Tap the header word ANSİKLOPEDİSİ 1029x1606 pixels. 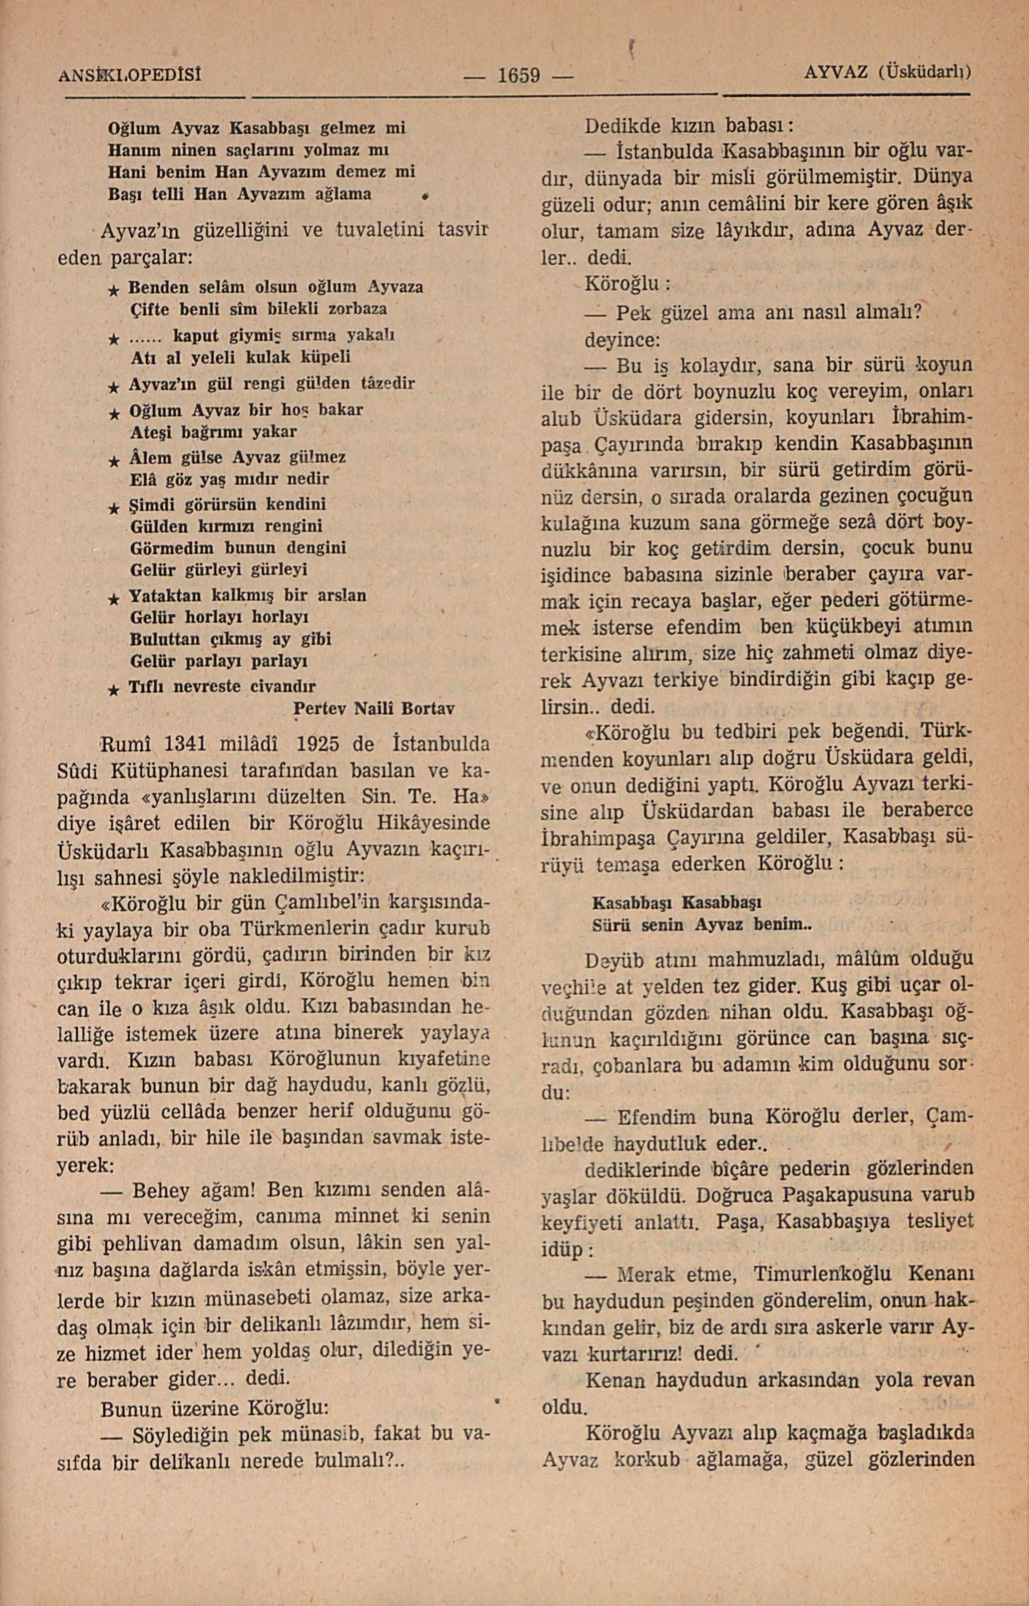129,73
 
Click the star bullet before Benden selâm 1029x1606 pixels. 114,289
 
